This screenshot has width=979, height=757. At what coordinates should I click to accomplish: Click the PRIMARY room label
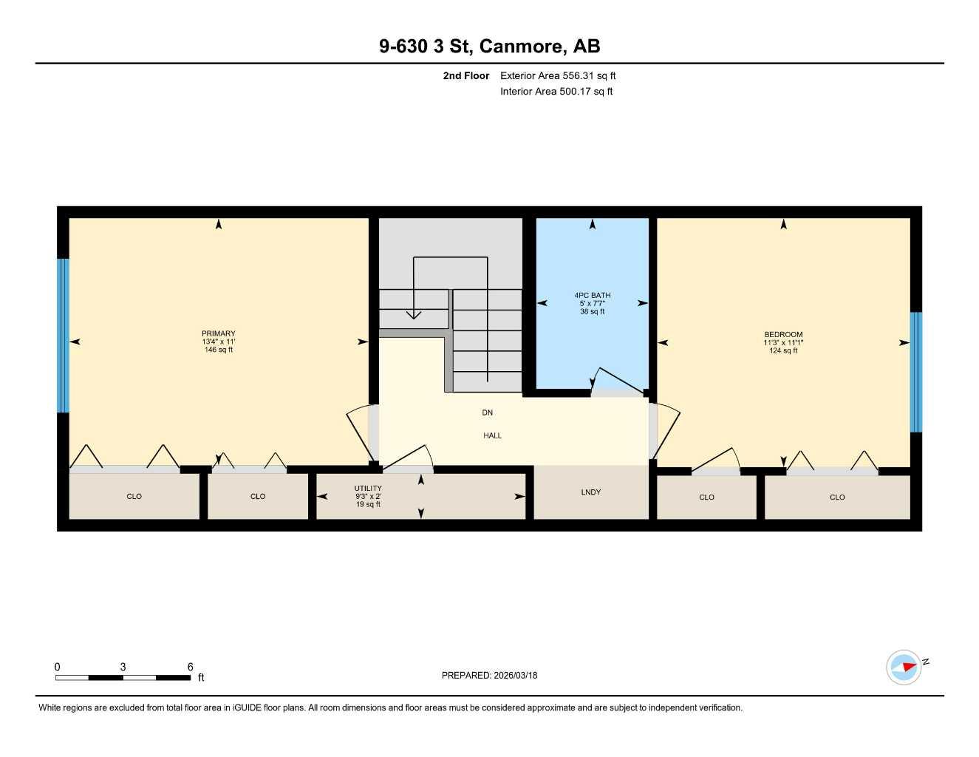coord(218,333)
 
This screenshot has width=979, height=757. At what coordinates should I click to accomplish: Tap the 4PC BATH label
coord(593,296)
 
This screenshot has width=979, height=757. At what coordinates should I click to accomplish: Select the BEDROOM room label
coord(783,334)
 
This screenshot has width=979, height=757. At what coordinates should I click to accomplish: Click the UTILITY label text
coord(368,488)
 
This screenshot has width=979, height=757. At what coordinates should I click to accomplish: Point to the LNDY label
coord(591,492)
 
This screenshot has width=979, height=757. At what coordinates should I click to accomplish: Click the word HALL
coord(492,435)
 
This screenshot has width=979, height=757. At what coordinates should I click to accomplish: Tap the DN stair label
coord(487,413)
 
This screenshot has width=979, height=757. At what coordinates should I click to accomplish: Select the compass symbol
coord(904,666)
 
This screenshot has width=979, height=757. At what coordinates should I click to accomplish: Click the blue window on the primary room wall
coord(64,335)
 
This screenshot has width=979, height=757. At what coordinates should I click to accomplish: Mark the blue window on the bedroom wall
coord(915,372)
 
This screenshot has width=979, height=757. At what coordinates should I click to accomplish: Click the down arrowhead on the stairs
coord(414,315)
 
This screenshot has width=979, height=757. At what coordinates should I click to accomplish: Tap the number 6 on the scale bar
coord(190,667)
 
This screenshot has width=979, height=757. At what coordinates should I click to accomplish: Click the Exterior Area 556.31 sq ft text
coord(558,75)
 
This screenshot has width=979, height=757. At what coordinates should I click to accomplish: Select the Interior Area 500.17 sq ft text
coord(556,92)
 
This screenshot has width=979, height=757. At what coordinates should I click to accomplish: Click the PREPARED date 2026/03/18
coord(515,675)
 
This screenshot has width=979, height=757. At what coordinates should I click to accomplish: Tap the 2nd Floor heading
coord(466,75)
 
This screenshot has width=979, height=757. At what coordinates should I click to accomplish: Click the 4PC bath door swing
coord(618,381)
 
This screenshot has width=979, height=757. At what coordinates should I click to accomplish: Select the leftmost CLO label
coord(134,496)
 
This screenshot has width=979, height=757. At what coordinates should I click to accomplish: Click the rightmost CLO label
coord(837,497)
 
